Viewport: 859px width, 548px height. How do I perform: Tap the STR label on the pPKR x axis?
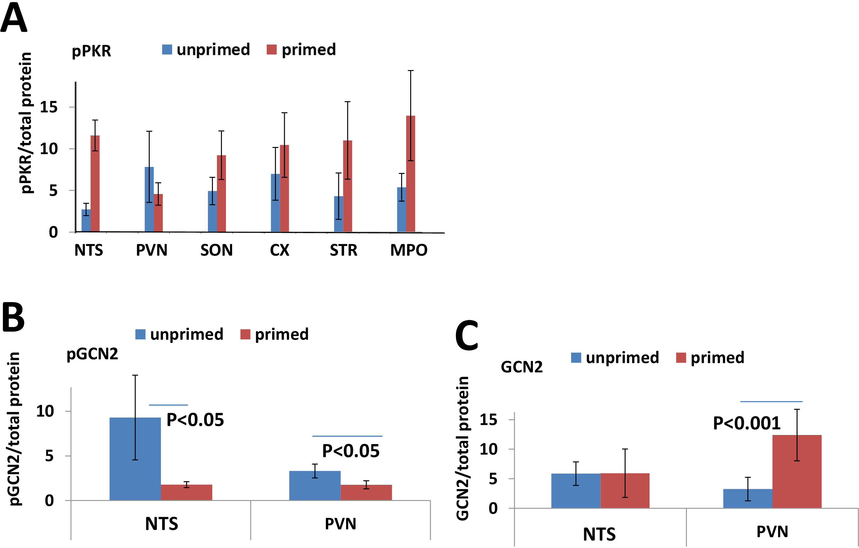343,250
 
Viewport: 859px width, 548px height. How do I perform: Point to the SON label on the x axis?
216,250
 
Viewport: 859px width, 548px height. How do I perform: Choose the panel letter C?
467,335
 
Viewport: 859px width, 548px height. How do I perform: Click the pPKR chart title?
91,51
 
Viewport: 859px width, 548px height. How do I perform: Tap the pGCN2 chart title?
92,354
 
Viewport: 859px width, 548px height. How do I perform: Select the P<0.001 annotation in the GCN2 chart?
746,423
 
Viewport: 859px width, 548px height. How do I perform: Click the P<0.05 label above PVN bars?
351,451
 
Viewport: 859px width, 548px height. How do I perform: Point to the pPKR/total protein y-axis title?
26,123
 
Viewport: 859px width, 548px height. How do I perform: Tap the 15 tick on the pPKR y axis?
49,107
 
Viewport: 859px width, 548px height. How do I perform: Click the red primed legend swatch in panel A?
271,50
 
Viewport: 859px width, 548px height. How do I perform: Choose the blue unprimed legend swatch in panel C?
576,357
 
